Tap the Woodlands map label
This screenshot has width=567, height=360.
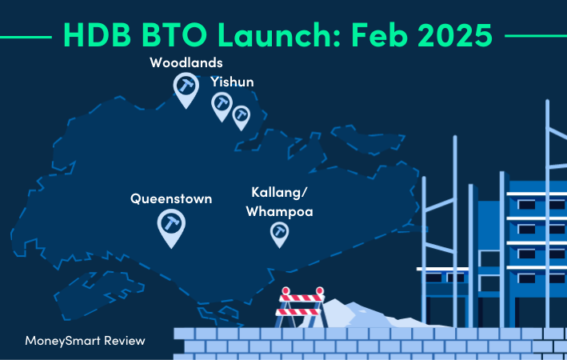point(186,62)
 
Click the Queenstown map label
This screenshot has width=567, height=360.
point(171,198)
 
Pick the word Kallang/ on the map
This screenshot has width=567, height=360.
point(279,194)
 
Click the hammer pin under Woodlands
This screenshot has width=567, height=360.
point(186,87)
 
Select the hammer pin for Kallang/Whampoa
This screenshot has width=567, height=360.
point(279,232)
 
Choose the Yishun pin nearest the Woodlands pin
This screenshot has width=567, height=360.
point(222,103)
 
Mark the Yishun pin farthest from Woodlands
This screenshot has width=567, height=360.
point(241,116)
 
